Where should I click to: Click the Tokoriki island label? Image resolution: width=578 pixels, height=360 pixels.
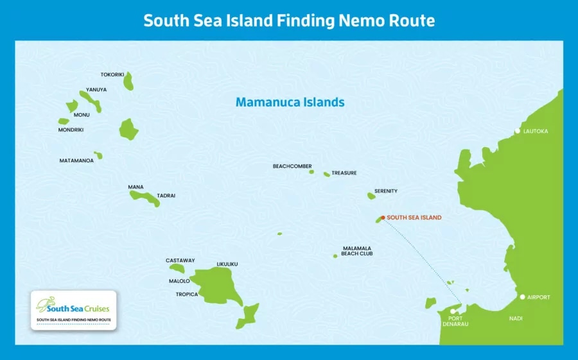tap(112, 74)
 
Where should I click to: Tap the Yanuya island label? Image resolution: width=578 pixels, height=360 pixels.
tap(96, 90)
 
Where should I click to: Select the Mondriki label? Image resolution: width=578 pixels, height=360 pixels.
tap(71, 130)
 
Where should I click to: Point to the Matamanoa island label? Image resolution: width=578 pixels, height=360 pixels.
tap(76, 160)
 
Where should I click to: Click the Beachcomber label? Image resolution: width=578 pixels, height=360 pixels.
tap(292, 166)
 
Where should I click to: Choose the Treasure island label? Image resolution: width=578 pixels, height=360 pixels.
tap(344, 173)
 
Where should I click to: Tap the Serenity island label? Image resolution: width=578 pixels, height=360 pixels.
tap(386, 191)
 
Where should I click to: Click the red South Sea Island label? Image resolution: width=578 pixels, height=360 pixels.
tap(414, 218)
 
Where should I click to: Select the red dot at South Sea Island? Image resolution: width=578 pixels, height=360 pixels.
tap(383, 218)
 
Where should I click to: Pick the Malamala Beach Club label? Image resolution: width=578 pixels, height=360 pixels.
tap(356, 251)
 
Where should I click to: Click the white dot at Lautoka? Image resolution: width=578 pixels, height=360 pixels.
tap(518, 131)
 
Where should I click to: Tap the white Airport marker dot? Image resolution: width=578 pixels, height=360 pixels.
tap(522, 297)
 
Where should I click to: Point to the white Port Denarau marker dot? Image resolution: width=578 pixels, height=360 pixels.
tap(453, 312)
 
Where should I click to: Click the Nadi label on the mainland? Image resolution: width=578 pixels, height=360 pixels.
tap(516, 318)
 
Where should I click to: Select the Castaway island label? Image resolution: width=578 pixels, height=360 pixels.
tap(180, 261)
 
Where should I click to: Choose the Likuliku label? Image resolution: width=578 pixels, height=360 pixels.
tap(227, 264)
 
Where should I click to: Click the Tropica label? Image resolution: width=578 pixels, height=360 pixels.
tap(187, 295)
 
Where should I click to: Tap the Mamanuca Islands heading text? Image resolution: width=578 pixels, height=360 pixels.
tap(290, 102)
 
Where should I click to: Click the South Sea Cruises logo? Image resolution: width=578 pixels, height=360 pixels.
tap(73, 305)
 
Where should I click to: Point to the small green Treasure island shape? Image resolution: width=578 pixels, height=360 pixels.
tap(327, 174)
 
